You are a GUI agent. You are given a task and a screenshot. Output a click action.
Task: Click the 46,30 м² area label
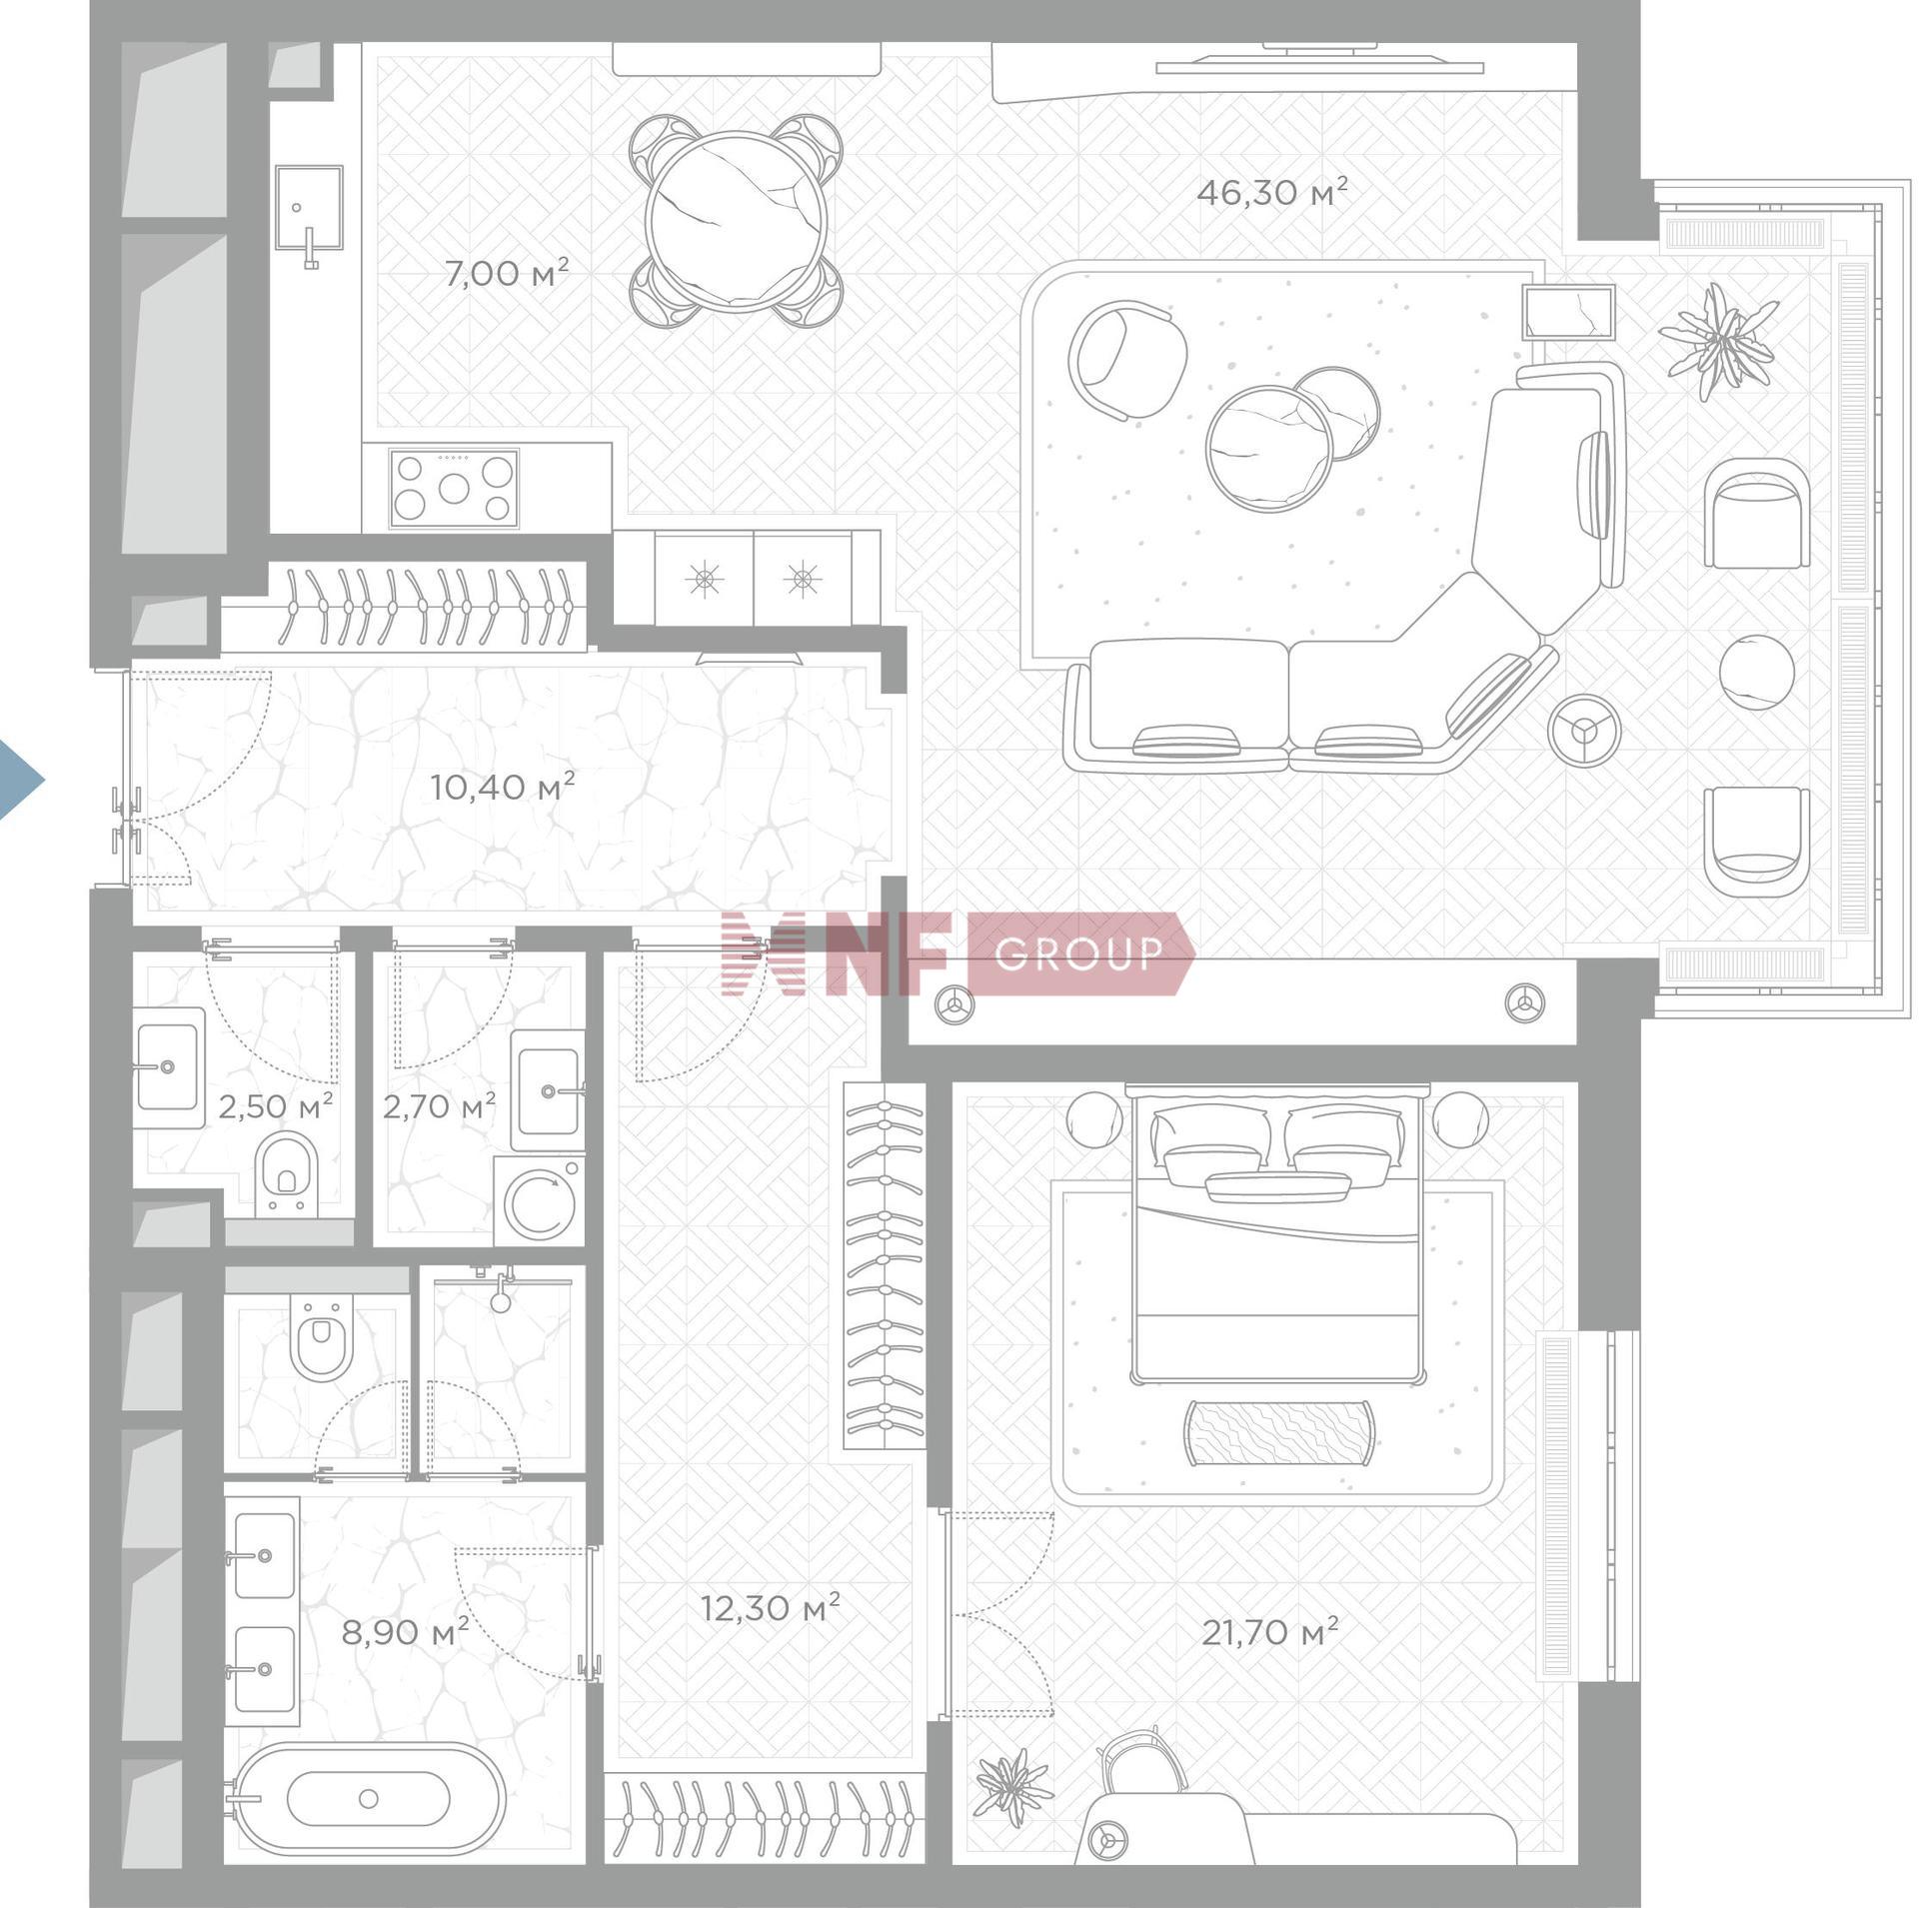pos(1271,191)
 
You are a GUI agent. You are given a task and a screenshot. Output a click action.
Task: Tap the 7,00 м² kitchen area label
pos(507,272)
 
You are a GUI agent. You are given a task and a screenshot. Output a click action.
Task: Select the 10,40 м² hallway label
pos(502,786)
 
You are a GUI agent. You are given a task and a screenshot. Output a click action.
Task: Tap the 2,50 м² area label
pos(275,1106)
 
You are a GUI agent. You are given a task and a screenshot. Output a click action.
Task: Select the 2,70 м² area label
pos(439,1106)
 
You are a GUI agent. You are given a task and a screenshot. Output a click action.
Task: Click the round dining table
pos(736,221)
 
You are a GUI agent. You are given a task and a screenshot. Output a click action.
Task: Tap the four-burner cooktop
pos(455,488)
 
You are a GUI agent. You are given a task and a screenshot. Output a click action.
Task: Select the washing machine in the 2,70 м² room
pos(539,1200)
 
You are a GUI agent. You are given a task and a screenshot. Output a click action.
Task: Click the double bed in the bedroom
pos(1276,1235)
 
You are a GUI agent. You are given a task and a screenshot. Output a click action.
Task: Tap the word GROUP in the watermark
pos(1079,954)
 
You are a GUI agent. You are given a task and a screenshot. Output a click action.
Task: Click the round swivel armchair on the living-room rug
pos(1127,360)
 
